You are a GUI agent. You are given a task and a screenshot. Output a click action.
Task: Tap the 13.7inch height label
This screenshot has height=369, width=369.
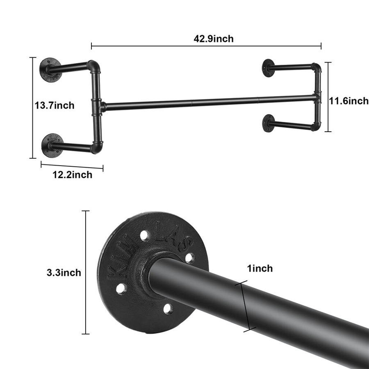point(55,105)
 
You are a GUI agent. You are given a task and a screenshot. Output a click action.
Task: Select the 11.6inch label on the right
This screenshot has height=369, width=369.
point(349,100)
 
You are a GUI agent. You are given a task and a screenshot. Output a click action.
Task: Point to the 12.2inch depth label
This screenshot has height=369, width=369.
point(72,175)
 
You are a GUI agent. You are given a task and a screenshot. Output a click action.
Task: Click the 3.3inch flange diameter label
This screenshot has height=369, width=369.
point(64,273)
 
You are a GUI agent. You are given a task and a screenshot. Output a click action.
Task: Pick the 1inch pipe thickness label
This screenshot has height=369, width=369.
point(260,269)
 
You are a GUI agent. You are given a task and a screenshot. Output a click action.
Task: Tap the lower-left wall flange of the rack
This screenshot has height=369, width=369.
point(52,145)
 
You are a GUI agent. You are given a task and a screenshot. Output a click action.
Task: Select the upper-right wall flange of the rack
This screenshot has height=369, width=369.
point(269,68)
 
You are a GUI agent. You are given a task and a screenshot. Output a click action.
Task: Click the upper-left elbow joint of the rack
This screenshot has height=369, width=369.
point(94,66)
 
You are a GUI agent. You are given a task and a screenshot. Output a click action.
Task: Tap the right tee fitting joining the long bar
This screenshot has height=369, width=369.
point(317,97)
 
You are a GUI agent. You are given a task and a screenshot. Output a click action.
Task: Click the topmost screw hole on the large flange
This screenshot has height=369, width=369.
point(144,236)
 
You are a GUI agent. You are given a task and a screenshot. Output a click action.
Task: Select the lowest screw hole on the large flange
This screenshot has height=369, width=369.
point(168,309)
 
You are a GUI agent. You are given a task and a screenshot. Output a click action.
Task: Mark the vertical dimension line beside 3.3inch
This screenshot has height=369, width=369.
point(86,273)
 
